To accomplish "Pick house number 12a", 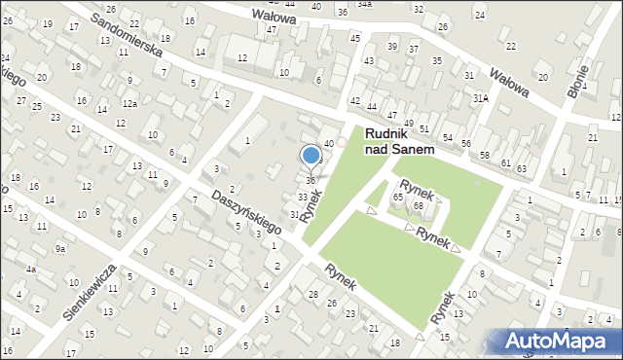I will coord(129,103).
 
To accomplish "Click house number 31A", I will coord(480,98).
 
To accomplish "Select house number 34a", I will coord(364,4).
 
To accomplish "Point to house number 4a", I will coord(31,270).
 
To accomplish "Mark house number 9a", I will coord(60,249).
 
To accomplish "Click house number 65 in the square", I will coord(397,198).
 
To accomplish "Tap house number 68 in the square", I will coord(418,205).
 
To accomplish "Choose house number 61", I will coord(506,162).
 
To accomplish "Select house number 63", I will coord(522,169).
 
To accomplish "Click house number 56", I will coord(466,144).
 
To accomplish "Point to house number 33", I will coord(303,198).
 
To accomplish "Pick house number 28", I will coord(312,295).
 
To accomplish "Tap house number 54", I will coord(447,137).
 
